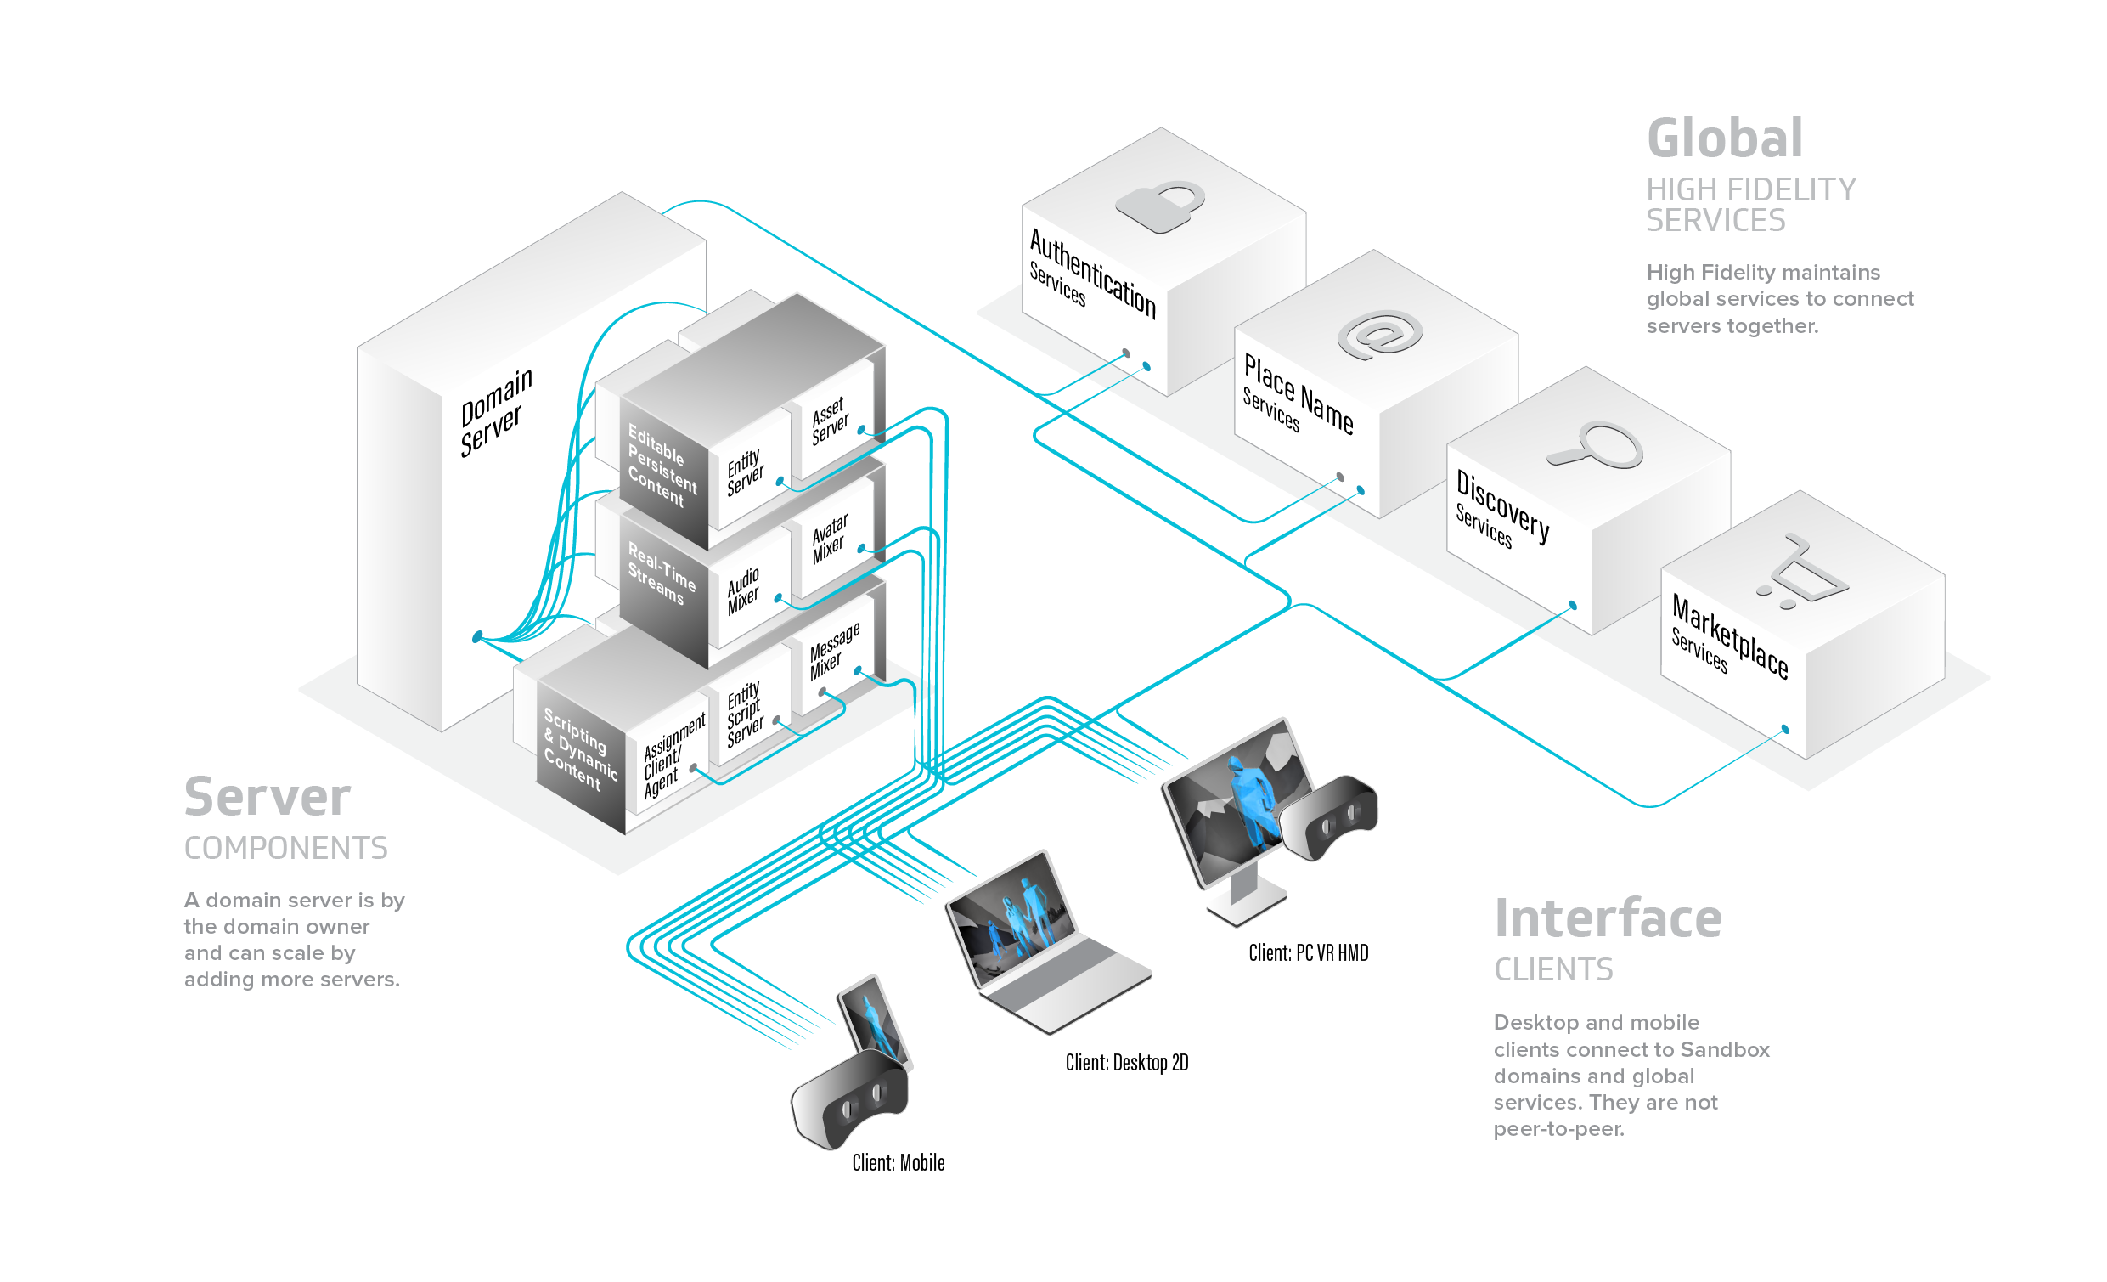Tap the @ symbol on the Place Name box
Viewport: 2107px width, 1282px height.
point(1379,335)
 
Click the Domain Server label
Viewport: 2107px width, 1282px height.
point(495,412)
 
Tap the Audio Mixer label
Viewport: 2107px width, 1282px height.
point(743,591)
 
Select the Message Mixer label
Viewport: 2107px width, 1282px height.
point(834,651)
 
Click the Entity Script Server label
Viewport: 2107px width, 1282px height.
point(745,714)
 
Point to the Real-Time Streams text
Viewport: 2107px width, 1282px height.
point(661,573)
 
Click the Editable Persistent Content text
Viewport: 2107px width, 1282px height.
point(662,466)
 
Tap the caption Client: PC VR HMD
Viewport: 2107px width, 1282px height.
point(1309,952)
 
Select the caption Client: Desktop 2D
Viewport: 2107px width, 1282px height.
point(1126,1062)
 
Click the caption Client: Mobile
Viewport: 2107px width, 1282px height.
point(898,1162)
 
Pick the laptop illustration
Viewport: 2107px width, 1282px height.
point(1047,941)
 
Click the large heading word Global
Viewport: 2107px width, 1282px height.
point(1725,138)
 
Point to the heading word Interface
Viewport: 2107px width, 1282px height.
point(1608,918)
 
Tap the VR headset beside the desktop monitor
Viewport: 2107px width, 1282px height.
point(1329,816)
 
